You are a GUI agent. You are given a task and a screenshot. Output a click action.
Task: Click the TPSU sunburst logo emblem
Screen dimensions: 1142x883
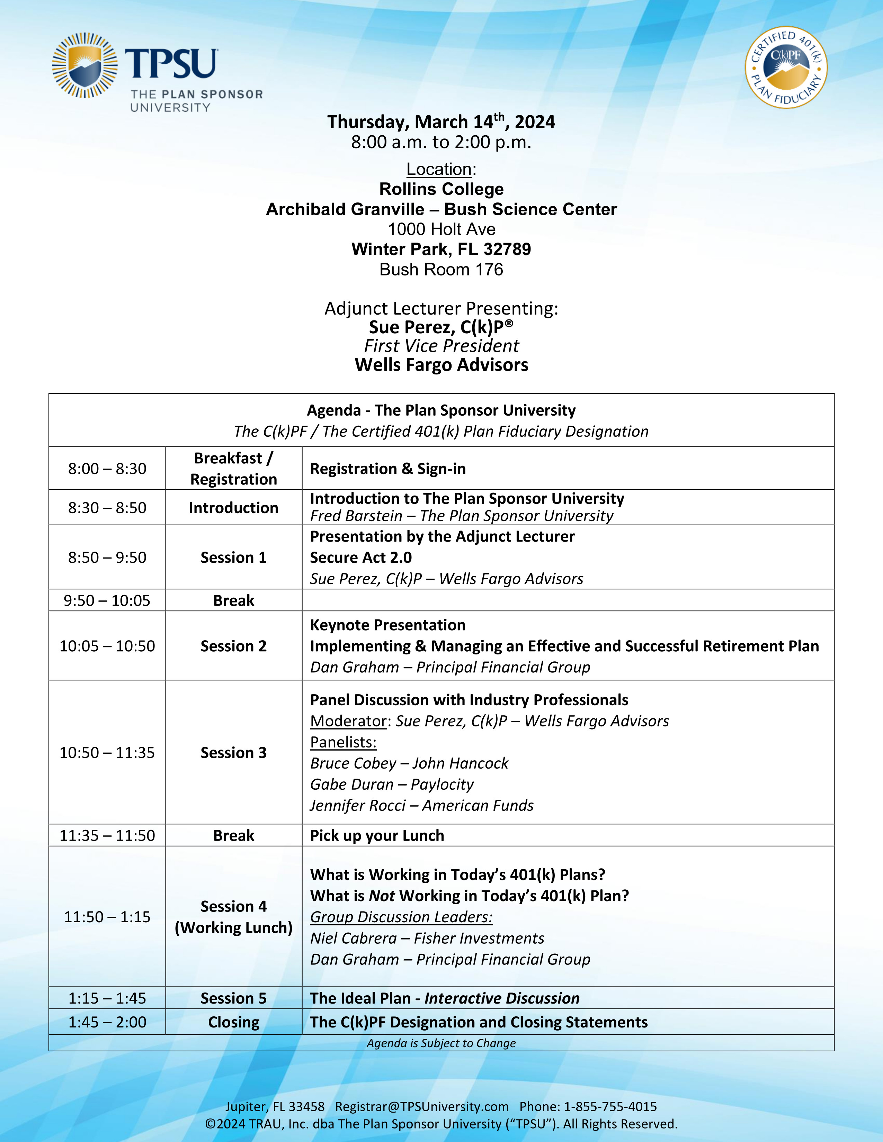click(84, 65)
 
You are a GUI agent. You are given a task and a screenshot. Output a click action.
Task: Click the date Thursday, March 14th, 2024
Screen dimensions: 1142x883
click(441, 122)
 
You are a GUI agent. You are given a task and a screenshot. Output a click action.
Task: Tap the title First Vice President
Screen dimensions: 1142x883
click(441, 346)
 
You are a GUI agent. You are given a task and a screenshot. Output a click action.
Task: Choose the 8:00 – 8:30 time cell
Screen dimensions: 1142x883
click(107, 469)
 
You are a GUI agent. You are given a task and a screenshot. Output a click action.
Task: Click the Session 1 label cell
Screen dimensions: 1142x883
click(233, 558)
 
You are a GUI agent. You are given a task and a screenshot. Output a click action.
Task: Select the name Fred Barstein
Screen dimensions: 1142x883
click(356, 516)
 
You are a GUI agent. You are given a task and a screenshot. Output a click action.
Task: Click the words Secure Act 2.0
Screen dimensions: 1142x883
click(360, 558)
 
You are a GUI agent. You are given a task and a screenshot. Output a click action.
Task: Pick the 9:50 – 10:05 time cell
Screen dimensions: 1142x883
click(107, 600)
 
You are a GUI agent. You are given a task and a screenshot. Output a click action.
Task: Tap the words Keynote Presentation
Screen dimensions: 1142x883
click(387, 625)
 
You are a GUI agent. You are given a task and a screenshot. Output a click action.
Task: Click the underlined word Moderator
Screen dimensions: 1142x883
click(348, 721)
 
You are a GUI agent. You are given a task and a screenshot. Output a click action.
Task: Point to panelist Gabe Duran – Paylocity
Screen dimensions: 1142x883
click(391, 784)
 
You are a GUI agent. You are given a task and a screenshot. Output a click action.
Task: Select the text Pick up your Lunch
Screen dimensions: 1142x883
click(377, 836)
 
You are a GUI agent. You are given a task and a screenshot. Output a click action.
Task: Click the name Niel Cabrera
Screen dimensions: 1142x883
click(353, 938)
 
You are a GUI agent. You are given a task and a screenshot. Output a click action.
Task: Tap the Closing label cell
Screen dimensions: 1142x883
click(233, 1022)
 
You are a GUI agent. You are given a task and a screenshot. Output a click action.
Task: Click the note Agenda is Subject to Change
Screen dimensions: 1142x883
click(441, 1043)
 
